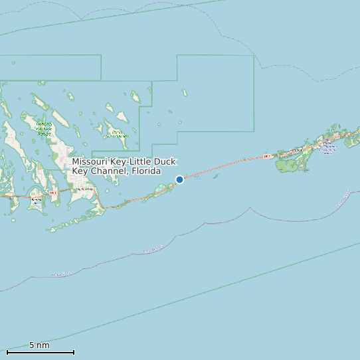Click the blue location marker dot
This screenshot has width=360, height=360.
pos(179,179)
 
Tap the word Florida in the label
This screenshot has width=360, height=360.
pos(146,171)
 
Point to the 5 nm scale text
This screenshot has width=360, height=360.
pos(39,345)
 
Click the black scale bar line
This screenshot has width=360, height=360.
pos(40,352)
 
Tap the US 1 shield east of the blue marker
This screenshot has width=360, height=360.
pos(266,157)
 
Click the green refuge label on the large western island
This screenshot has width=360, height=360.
pos(44,129)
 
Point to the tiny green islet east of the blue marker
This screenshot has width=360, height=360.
pos(197,177)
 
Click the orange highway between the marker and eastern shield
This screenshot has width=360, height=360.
pos(226,166)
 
